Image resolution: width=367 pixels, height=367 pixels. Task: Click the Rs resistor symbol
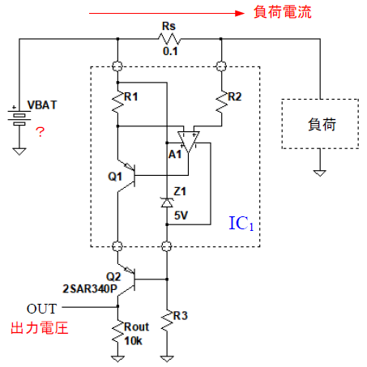[169, 39]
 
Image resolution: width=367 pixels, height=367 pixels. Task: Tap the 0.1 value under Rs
[170, 51]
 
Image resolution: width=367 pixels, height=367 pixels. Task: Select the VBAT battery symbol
[19, 116]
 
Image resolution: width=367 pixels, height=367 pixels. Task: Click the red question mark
[40, 132]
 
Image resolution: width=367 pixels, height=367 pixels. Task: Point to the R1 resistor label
[131, 96]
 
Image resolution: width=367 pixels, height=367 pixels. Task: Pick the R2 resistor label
[234, 96]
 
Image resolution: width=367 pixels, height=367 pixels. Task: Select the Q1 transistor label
[115, 177]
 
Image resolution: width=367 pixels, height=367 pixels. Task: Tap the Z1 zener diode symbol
[167, 203]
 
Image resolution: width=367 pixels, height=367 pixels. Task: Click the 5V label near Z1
[181, 216]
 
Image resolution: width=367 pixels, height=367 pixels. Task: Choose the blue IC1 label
[241, 224]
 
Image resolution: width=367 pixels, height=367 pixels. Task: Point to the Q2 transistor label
[113, 276]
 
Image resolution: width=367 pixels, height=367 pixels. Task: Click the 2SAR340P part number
[90, 288]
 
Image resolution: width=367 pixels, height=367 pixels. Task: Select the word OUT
[41, 309]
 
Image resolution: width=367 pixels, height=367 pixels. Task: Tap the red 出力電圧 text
[40, 328]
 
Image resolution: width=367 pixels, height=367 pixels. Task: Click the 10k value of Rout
[133, 341]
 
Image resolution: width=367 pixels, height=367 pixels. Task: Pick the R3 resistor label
[180, 316]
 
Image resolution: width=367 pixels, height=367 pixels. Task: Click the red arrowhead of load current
[240, 13]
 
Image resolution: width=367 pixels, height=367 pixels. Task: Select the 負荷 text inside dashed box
[322, 125]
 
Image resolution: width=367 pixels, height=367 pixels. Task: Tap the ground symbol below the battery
[19, 151]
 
